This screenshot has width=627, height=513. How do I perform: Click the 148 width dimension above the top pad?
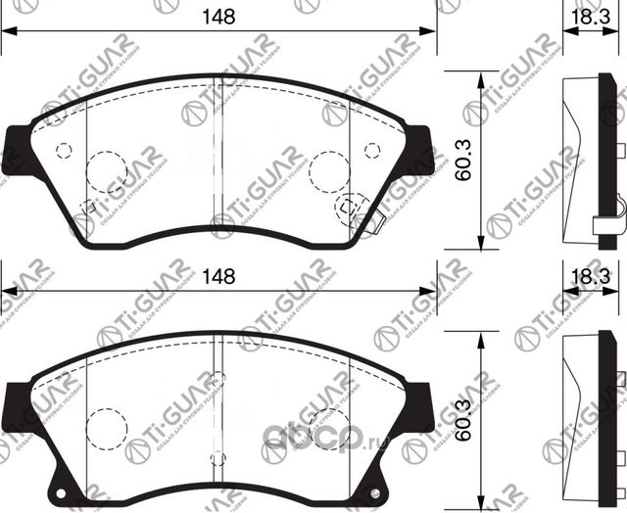(x=218, y=16)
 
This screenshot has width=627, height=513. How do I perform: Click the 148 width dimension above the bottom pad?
(x=218, y=277)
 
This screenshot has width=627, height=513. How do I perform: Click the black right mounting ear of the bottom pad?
(x=419, y=406)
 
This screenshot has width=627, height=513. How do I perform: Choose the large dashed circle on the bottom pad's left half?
(x=107, y=428)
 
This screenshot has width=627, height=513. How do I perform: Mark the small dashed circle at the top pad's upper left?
(x=65, y=150)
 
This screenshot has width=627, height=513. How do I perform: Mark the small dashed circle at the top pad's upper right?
(x=371, y=150)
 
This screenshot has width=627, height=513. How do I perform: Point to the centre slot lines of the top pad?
(x=218, y=157)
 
